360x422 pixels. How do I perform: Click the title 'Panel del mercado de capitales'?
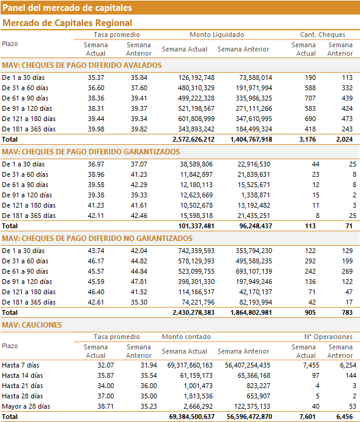pyautogui.click(x=67, y=8)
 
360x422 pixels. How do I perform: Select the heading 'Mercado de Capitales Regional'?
pyautogui.click(x=67, y=23)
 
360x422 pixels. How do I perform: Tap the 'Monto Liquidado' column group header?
pyautogui.click(x=217, y=35)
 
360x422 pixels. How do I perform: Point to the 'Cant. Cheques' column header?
pyautogui.click(x=322, y=35)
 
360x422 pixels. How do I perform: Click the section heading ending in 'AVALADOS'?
pyautogui.click(x=82, y=65)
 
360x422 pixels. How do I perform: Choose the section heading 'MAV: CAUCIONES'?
pyautogui.click(x=32, y=325)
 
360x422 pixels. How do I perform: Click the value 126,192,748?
pyautogui.click(x=196, y=77)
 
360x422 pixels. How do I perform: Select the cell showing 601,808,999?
pyautogui.click(x=196, y=119)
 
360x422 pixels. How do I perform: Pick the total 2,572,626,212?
pyautogui.click(x=193, y=139)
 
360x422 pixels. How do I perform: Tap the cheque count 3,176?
pyautogui.click(x=307, y=139)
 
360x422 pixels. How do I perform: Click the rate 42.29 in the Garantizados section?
pyautogui.click(x=139, y=185)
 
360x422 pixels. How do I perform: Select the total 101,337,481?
pyautogui.click(x=196, y=226)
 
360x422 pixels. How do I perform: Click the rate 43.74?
pyautogui.click(x=96, y=251)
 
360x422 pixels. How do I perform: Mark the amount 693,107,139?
pyautogui.click(x=254, y=272)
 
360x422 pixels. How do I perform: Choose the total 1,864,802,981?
pyautogui.click(x=251, y=313)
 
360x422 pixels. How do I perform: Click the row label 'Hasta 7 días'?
pyautogui.click(x=21, y=366)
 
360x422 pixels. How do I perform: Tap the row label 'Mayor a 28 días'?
pyautogui.click(x=26, y=406)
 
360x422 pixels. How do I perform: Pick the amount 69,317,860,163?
pyautogui.click(x=190, y=366)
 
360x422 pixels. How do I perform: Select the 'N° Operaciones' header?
pyautogui.click(x=328, y=337)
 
